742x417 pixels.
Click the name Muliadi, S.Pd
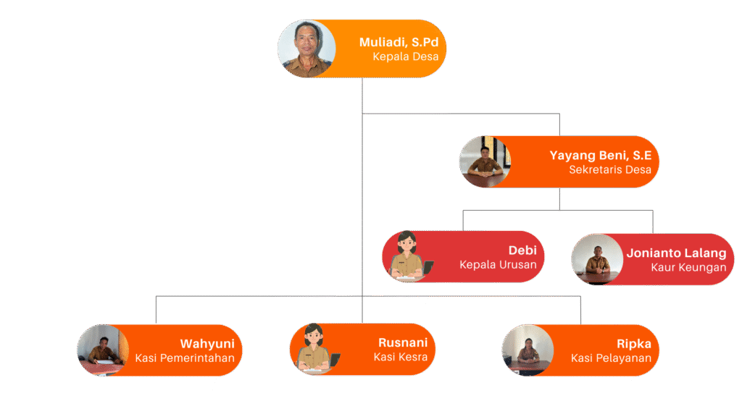tap(399, 42)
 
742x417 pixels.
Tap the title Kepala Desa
tap(406, 56)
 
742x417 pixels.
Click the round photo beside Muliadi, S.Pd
tap(307, 49)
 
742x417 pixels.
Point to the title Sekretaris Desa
tap(609, 170)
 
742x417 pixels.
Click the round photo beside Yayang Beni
tap(485, 161)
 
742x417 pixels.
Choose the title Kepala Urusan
tap(498, 265)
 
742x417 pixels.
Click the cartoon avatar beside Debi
tap(408, 256)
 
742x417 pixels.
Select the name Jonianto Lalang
tap(676, 253)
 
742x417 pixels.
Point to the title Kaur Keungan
tap(688, 268)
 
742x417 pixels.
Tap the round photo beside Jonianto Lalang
tap(598, 259)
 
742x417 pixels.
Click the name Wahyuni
tap(207, 344)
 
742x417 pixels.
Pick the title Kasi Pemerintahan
tap(185, 358)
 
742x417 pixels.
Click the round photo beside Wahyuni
tap(103, 350)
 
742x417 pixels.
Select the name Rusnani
tap(403, 342)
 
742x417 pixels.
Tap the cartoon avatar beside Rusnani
tap(315, 349)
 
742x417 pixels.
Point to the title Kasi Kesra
tap(400, 357)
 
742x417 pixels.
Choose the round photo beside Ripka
tap(528, 350)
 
